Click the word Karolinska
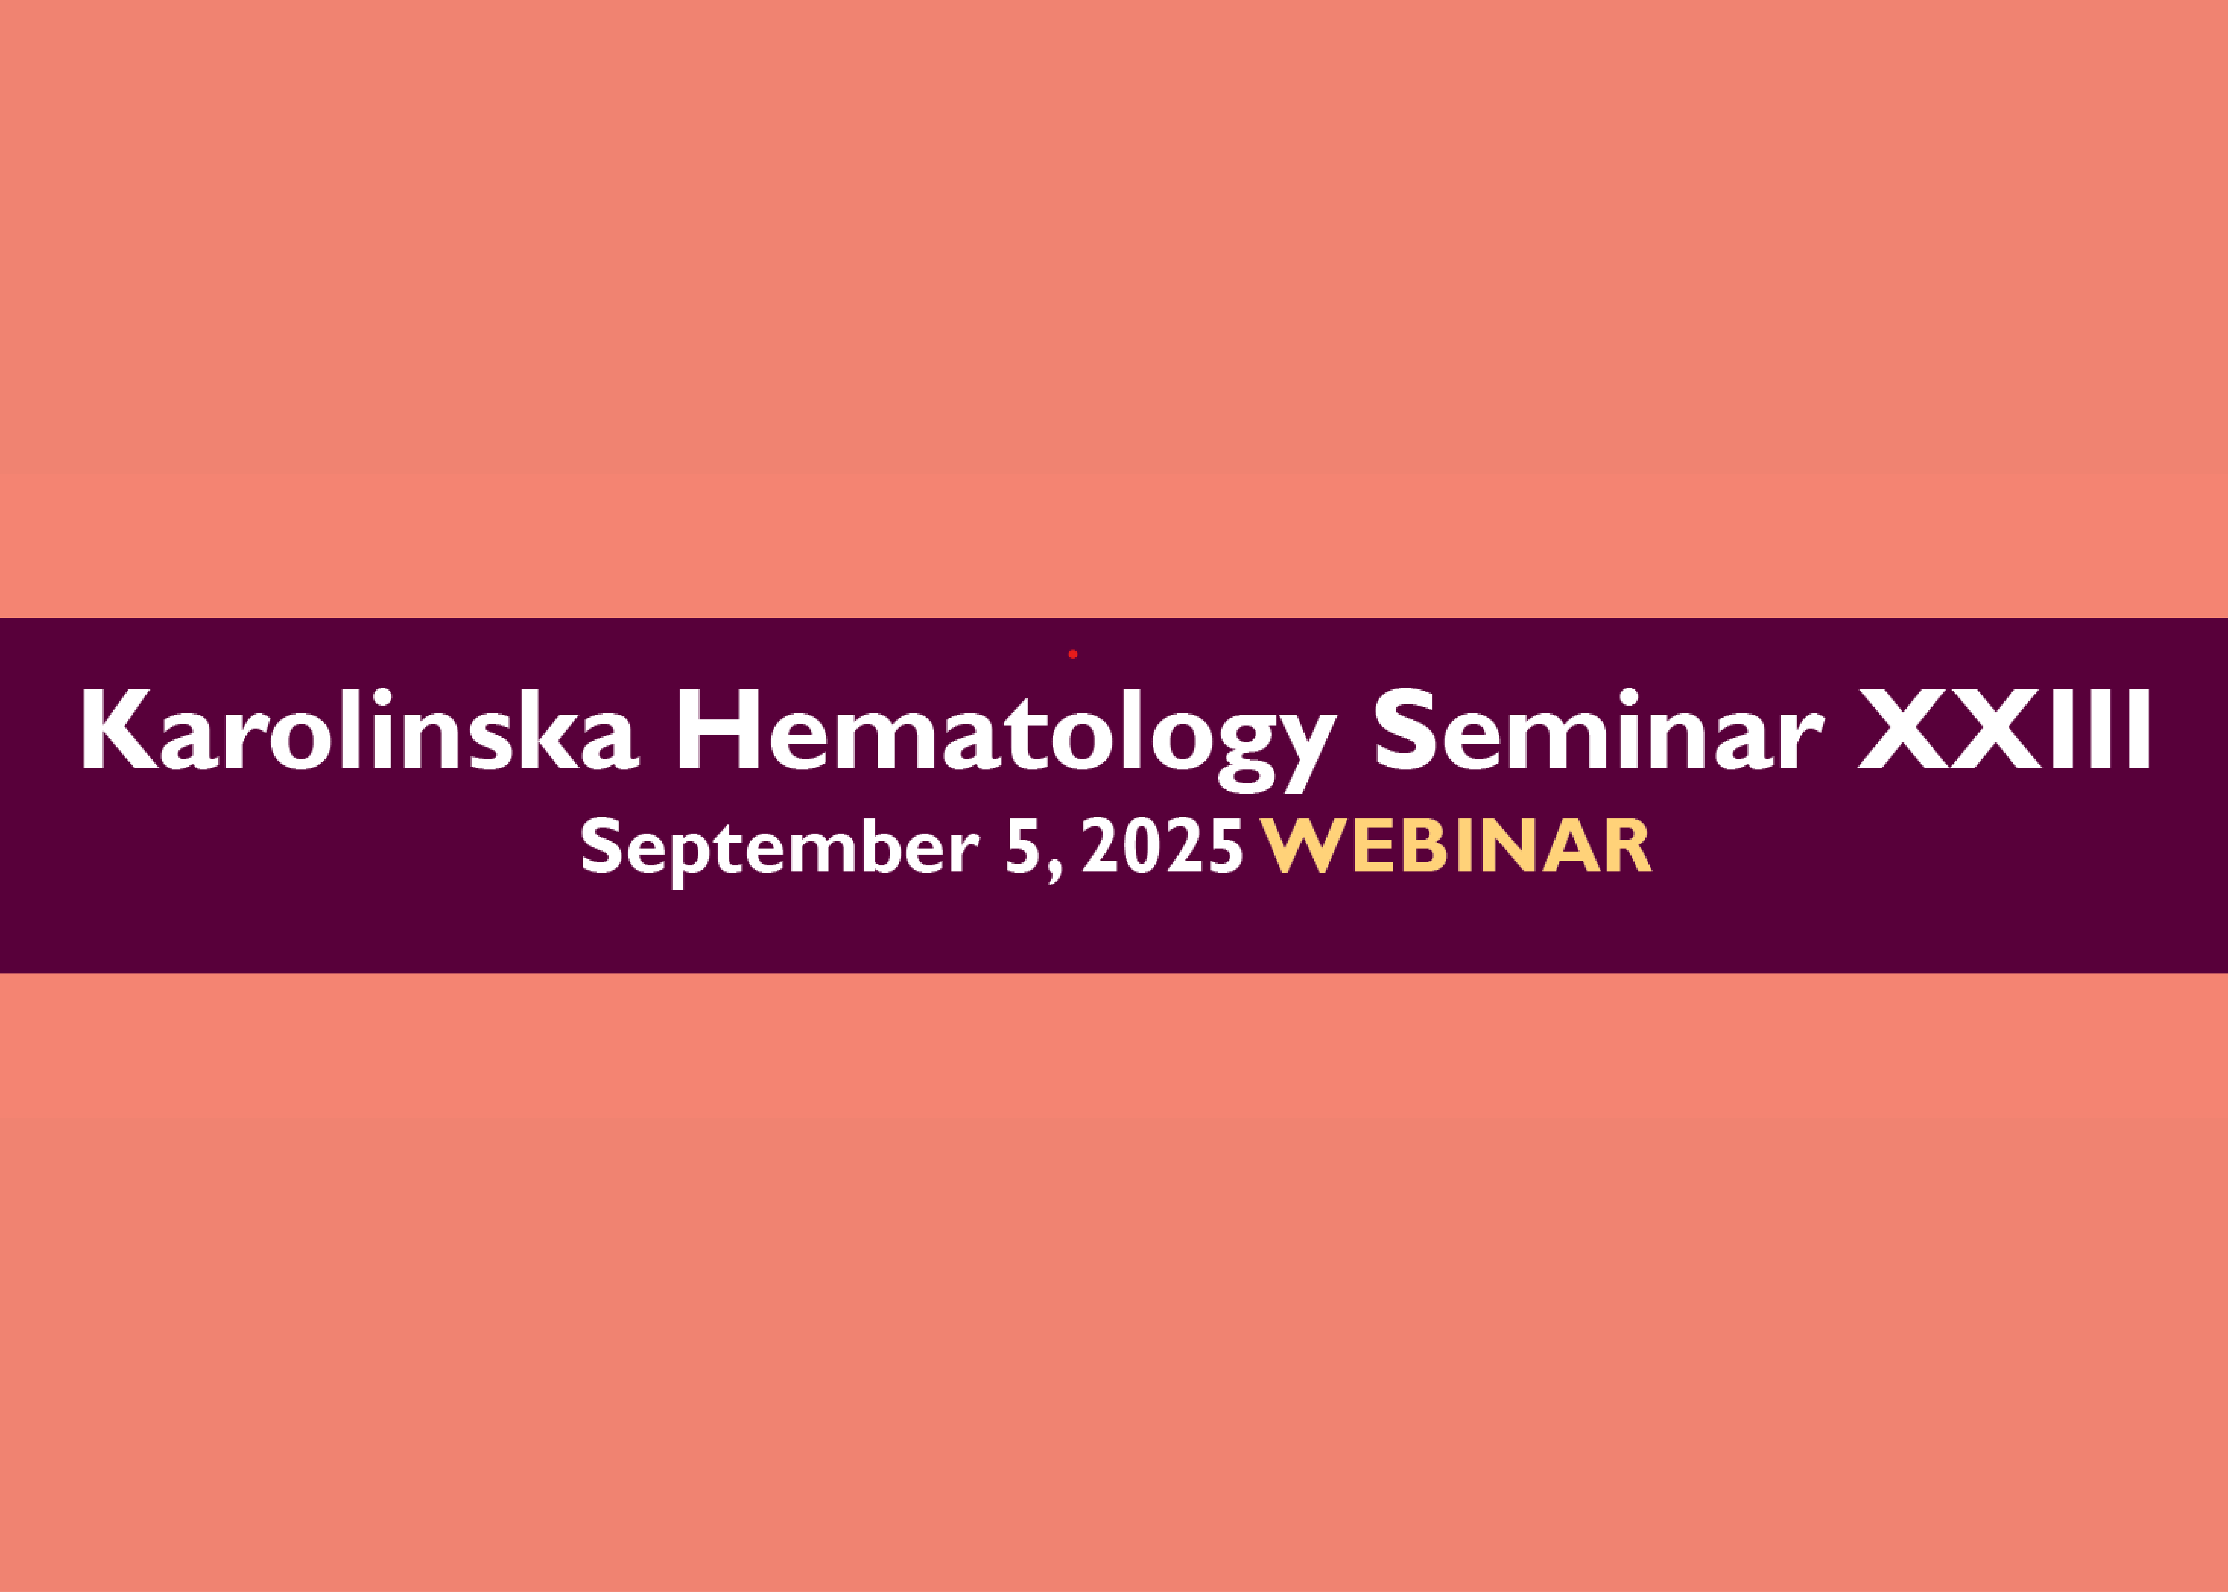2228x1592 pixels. click(x=361, y=730)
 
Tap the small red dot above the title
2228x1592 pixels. click(x=1072, y=654)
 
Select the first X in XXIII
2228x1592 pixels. click(x=1904, y=730)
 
